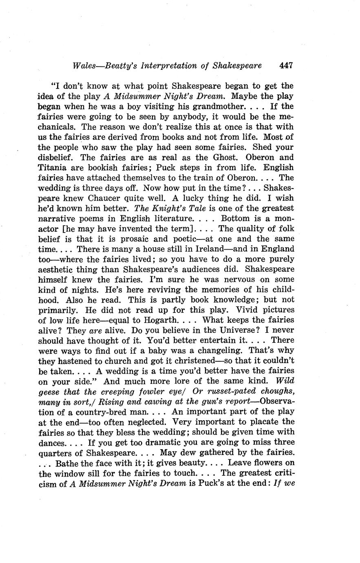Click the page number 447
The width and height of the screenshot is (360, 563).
[x=286, y=65]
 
